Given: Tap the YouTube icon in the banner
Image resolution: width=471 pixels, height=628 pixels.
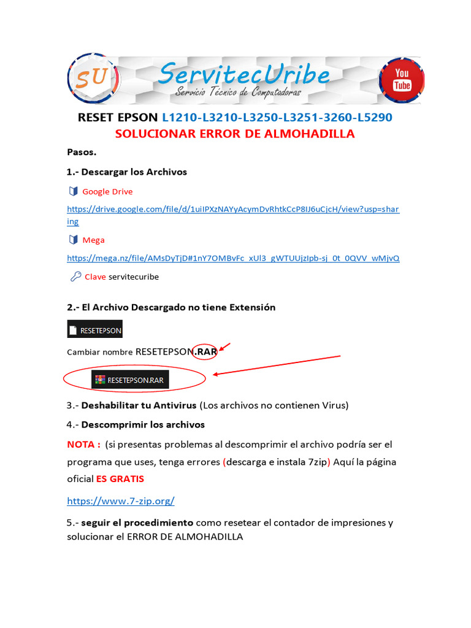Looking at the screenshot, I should (402, 79).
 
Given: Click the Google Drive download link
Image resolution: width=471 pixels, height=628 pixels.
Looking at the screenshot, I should (233, 210).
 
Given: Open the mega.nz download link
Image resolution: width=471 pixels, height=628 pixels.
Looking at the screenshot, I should (233, 258).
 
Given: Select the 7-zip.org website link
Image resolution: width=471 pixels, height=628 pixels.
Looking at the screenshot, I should (121, 501).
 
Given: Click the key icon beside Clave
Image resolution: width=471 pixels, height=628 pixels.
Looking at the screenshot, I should (75, 277).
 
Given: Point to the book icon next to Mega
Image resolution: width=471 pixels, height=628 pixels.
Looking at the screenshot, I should (74, 240).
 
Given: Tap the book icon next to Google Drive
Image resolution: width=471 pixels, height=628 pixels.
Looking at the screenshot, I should (74, 191).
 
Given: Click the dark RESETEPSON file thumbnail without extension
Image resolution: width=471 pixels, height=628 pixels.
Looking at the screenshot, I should (94, 329).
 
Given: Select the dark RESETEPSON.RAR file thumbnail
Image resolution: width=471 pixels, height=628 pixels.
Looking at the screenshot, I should (131, 380).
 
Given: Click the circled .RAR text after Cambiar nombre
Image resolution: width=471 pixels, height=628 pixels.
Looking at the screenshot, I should (205, 352).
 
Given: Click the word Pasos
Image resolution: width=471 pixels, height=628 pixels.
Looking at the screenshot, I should (82, 152).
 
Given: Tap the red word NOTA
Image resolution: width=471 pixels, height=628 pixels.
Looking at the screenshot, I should (83, 444).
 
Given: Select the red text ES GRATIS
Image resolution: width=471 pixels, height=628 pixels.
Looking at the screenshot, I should (120, 478).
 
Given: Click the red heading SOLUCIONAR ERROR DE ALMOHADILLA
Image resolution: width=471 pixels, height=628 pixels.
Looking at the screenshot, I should (235, 134).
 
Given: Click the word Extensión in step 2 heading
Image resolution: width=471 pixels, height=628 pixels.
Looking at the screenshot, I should (251, 307).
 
